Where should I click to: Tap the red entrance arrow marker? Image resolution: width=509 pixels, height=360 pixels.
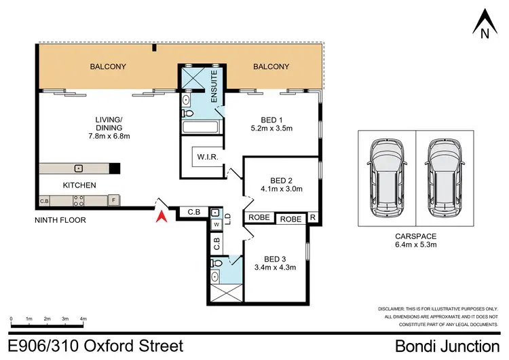[160, 217]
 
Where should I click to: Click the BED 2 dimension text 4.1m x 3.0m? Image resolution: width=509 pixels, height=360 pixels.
[280, 190]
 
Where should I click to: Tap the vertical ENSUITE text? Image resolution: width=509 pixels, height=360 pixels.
[214, 86]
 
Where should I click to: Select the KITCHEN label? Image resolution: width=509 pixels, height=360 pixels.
[79, 185]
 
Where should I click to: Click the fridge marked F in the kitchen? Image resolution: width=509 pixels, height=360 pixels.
[113, 200]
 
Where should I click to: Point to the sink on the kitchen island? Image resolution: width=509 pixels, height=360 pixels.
[79, 168]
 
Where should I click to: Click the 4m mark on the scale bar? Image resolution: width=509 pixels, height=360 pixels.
[83, 318]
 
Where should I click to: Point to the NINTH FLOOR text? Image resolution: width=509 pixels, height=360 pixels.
[61, 220]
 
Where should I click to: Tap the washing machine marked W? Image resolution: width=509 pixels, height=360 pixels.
[216, 223]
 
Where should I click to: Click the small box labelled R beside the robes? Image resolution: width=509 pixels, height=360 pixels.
[313, 219]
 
